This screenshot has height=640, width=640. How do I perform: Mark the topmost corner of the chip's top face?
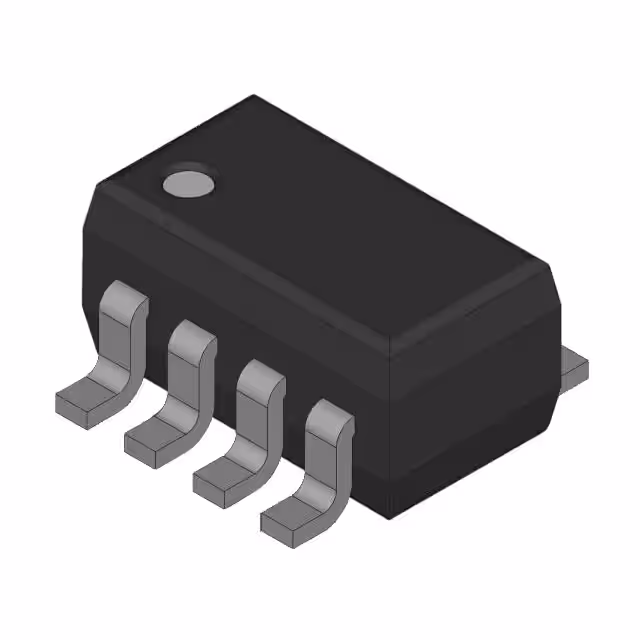pyautogui.click(x=254, y=97)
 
